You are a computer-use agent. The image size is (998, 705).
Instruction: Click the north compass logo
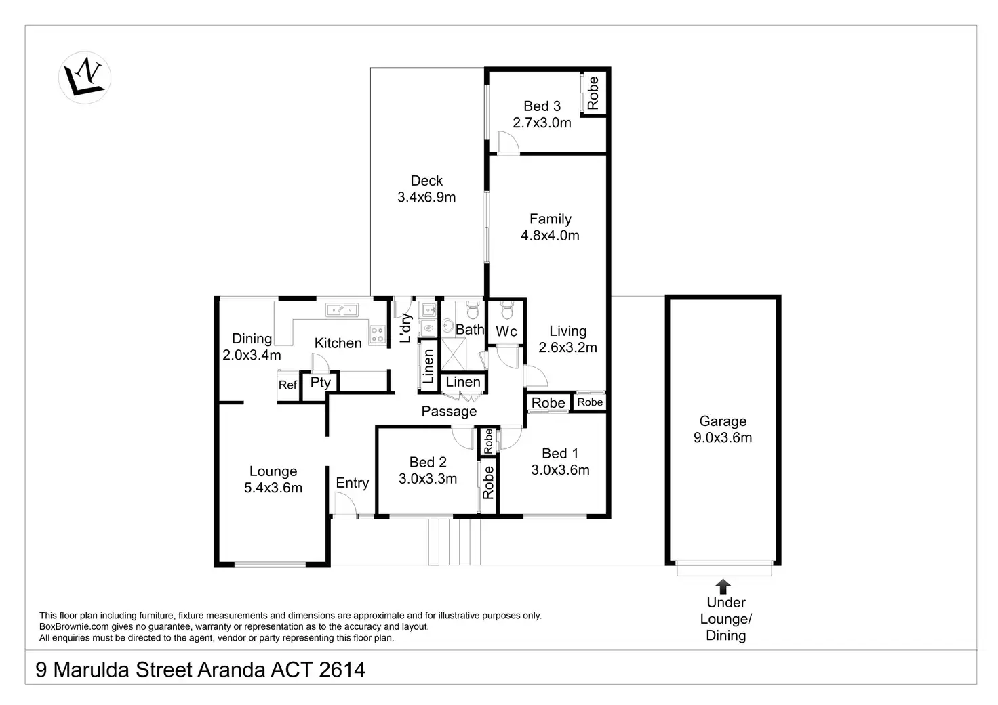(85, 77)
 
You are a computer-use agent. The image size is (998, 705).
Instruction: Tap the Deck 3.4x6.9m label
(426, 189)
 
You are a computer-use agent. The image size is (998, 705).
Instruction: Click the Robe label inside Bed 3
(593, 93)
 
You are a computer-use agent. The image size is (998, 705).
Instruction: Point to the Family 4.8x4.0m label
(551, 228)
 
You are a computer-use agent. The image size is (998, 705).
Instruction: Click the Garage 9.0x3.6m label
(723, 429)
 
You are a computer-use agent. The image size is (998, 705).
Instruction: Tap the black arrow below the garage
(723, 586)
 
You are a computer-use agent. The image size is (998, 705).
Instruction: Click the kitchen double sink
(342, 309)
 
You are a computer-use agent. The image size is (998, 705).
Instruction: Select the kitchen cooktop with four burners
(378, 335)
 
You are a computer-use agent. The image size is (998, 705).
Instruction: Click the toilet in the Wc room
(506, 310)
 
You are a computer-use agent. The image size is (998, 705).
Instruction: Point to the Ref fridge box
(288, 385)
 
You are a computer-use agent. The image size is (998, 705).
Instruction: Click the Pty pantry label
(320, 383)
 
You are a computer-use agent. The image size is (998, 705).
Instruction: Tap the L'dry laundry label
(405, 328)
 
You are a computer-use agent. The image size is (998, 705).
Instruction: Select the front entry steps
(454, 542)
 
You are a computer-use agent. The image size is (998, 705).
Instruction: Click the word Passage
(449, 411)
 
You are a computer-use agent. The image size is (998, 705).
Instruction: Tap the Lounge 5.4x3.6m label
(273, 479)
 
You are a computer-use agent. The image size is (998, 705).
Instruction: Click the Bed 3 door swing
(508, 142)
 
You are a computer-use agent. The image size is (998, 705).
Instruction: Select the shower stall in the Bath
(454, 354)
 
